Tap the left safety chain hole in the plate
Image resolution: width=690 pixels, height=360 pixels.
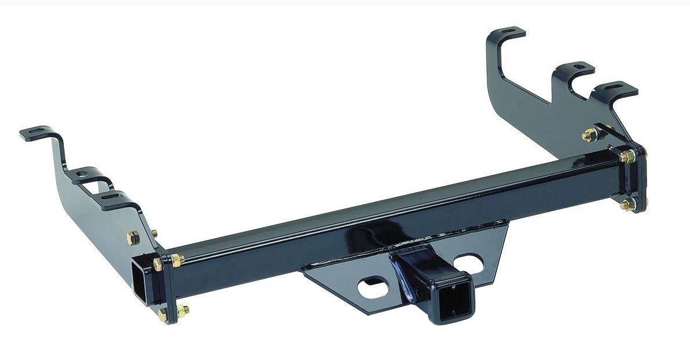pos(373,287)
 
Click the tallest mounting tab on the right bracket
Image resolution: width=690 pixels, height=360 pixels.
pos(507,33)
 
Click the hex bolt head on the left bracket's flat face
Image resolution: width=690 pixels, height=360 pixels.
pos(132,238)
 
